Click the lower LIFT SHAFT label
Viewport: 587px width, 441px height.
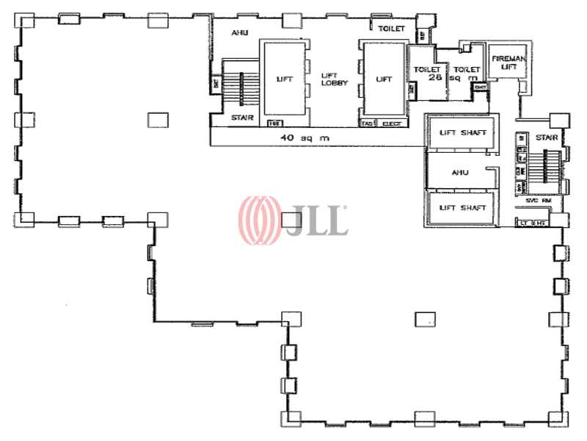462,208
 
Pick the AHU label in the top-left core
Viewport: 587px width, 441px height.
239,32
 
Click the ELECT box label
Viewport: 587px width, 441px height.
392,123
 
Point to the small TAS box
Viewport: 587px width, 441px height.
367,123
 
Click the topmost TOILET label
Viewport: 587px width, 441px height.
391,29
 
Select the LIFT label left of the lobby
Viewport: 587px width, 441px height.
285,79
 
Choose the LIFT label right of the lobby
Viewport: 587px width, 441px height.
383,79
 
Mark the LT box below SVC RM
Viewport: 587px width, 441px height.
525,222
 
